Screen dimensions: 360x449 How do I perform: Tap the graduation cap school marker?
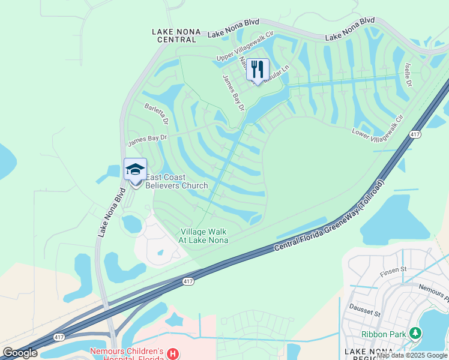(x=135, y=169)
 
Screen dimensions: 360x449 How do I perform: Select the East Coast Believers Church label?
(x=176, y=181)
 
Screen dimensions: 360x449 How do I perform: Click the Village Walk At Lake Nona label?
(x=203, y=236)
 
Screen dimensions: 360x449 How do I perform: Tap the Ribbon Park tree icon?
(x=415, y=333)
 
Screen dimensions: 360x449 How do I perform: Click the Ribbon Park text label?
(x=384, y=334)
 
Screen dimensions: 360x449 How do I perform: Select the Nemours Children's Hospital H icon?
(x=173, y=353)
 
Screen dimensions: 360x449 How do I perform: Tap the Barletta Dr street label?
(x=157, y=113)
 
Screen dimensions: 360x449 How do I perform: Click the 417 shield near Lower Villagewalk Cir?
(x=415, y=135)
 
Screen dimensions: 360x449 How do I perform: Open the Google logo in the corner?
(x=19, y=353)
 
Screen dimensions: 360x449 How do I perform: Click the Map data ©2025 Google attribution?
(x=412, y=355)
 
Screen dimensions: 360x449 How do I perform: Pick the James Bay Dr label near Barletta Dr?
(x=146, y=140)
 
